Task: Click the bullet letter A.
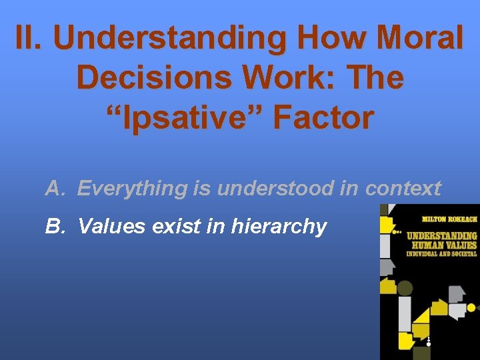coord(53,189)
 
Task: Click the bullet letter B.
coord(53,227)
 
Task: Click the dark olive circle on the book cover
coord(405,289)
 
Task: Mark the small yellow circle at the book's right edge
coord(471,307)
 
